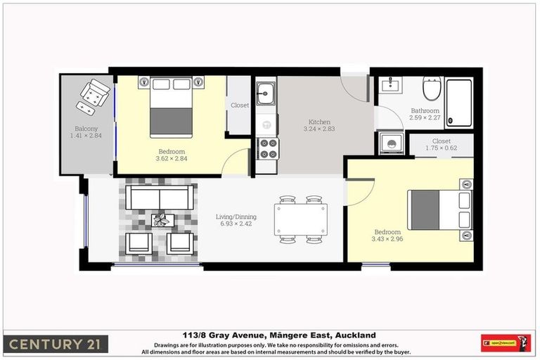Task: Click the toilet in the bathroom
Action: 431,90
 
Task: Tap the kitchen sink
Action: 266,92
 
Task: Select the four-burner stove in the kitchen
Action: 267,148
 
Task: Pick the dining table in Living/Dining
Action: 300,219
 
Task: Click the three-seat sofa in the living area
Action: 160,197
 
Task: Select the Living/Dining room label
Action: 236,217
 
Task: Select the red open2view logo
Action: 505,344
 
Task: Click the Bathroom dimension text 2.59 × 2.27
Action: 425,117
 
